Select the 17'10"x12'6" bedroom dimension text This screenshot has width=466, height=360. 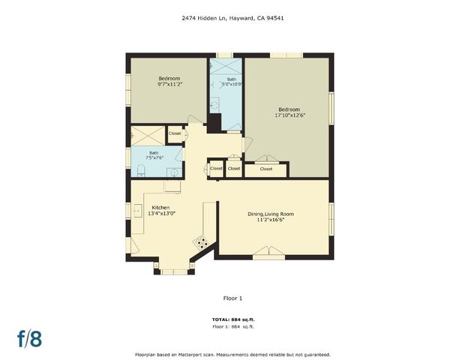tap(289, 115)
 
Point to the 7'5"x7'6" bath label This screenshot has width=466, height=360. tap(153, 155)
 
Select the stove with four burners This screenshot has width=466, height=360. tap(201, 241)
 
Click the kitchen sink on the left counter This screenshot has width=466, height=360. tap(137, 211)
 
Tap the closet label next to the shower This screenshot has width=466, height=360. tap(175, 133)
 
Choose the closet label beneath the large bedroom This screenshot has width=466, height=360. tap(266, 169)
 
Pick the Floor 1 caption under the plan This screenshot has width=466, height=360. tap(233, 298)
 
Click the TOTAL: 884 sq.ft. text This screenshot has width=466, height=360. tap(233, 320)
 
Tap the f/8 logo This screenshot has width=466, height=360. tap(30, 338)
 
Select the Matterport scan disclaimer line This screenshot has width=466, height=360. tap(233, 354)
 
